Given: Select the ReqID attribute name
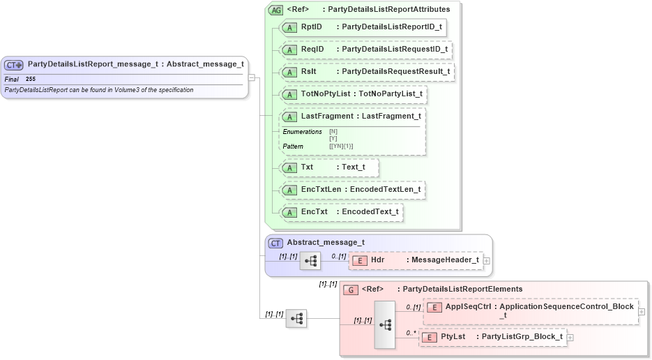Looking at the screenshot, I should point(312,50).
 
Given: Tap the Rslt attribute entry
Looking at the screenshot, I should point(310,72).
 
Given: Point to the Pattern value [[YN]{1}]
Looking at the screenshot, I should point(341,146).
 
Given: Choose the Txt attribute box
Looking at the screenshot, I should point(328,167).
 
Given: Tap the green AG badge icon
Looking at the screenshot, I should point(275,10).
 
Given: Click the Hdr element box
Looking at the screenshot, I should point(415,260).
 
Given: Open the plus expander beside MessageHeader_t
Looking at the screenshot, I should point(487,261).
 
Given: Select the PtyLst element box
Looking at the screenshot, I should point(492,337).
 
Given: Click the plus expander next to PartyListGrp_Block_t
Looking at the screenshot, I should point(570,338).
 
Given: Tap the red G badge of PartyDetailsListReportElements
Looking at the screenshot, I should point(352,290).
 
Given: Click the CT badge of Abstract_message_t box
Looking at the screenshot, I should point(276,243).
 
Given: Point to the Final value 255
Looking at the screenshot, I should point(31,80).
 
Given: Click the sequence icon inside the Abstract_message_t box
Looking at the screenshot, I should point(310,261).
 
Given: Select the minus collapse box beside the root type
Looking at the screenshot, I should point(251,78).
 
